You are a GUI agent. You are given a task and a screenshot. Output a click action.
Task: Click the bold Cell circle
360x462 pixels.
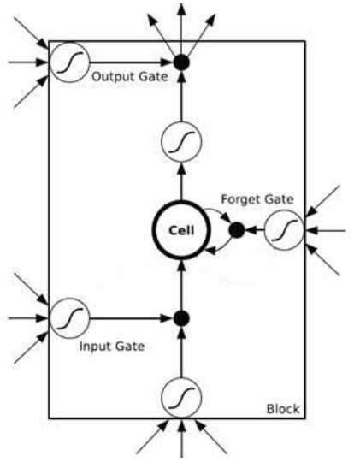click(153, 230)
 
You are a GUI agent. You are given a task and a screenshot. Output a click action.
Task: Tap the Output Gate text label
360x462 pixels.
click(130, 77)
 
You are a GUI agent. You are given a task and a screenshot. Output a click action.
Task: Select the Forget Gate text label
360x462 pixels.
click(257, 199)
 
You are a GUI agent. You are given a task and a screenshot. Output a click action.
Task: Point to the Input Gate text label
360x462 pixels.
click(112, 346)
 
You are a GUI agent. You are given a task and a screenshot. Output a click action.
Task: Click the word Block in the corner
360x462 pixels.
click(283, 409)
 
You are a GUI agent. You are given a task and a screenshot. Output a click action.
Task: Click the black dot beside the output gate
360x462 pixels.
click(181, 62)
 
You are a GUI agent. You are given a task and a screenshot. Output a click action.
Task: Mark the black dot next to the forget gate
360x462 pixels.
click(237, 230)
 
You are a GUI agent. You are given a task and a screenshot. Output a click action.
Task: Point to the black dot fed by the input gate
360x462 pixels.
click(181, 318)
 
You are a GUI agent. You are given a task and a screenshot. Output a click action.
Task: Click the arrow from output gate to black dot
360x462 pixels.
click(131, 62)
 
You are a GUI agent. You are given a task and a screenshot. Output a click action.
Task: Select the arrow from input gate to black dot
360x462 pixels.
click(131, 318)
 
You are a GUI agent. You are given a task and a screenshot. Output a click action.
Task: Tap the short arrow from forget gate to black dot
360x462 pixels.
click(255, 230)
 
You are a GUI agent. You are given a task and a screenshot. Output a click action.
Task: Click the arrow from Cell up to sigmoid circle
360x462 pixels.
click(182, 181)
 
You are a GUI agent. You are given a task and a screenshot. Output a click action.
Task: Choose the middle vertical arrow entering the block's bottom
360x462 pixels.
click(182, 437)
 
